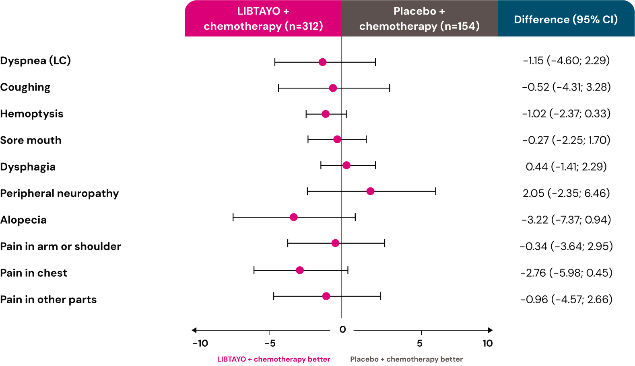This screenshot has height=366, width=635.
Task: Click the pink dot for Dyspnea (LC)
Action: coord(322,62)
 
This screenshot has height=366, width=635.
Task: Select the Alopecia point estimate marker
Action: coord(294,217)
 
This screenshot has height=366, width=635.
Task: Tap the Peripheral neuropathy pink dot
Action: coord(370,191)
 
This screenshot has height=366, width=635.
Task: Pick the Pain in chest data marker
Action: coord(300,270)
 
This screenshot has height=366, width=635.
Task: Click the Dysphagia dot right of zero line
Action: coord(346,165)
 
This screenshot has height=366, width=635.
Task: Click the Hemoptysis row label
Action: coord(32,114)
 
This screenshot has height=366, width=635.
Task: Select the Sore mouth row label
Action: coord(31,140)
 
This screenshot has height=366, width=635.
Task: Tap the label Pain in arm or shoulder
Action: coord(61,247)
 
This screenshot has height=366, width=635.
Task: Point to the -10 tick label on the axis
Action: coord(200,343)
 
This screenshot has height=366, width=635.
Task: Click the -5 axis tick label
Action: coord(270,343)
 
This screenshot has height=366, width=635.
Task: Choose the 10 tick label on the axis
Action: coord(487,343)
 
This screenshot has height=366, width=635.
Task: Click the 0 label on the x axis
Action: coord(342,330)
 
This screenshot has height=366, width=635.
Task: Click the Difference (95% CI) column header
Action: coord(566,19)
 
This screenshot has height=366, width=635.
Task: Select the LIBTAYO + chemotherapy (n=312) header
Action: coord(263,19)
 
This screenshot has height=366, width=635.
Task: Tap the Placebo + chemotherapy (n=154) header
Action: coord(419,19)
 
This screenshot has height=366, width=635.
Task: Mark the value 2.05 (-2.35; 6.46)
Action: coord(566,193)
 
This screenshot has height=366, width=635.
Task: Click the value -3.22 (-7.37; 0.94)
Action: coord(566,220)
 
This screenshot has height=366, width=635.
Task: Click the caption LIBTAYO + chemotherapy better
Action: coord(274,359)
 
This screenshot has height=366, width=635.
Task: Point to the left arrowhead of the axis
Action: coord(194,330)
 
